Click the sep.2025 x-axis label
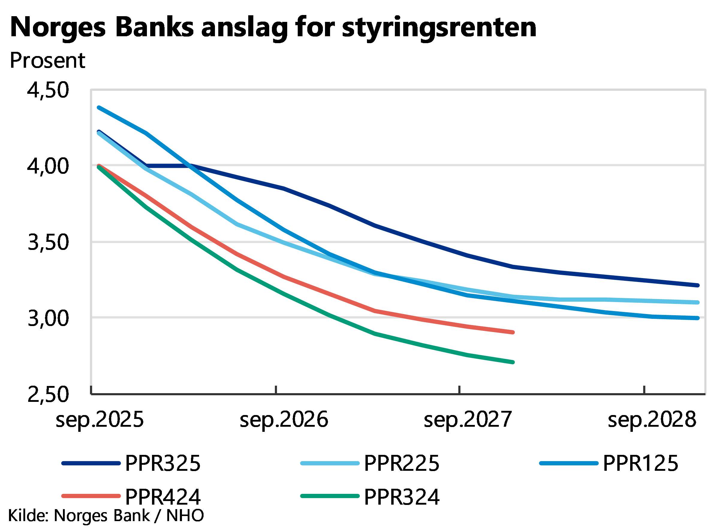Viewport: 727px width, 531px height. (100, 420)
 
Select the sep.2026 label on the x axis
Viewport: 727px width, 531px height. (284, 420)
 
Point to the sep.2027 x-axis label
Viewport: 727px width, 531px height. (467, 420)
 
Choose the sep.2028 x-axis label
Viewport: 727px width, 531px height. (652, 420)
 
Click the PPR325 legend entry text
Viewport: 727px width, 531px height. (163, 463)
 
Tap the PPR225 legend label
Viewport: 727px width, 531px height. (402, 463)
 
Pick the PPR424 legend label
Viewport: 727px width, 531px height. (163, 496)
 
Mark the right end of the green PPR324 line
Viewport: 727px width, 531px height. (513, 362)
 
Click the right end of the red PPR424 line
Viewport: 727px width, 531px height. (513, 332)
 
